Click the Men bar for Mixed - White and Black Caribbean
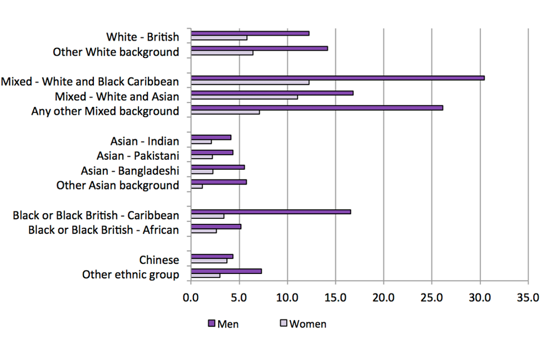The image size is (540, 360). click(x=337, y=78)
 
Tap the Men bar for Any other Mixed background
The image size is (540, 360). click(x=317, y=107)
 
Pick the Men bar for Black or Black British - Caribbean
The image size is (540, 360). click(x=271, y=211)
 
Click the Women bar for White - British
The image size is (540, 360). click(x=219, y=38)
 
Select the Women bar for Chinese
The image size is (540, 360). click(x=209, y=261)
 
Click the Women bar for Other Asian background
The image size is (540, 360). click(x=197, y=186)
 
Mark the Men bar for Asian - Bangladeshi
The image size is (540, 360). click(x=218, y=167)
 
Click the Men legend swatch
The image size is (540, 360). click(x=212, y=323)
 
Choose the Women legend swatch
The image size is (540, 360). click(x=283, y=323)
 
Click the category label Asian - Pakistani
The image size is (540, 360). click(x=138, y=156)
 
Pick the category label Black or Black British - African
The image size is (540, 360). click(x=103, y=230)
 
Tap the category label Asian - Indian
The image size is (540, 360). click(x=145, y=141)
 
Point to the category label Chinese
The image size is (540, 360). click(x=159, y=260)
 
